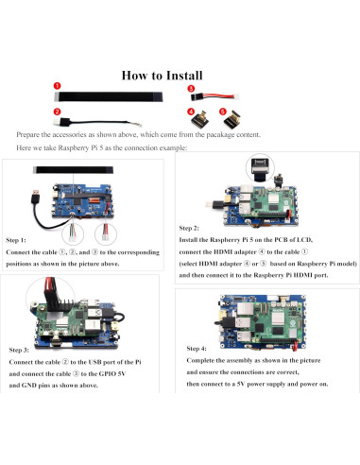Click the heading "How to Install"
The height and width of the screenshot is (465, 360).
(162, 76)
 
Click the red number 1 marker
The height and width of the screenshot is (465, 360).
(57, 86)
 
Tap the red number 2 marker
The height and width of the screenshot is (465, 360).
(57, 112)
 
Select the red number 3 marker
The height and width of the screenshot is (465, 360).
(191, 89)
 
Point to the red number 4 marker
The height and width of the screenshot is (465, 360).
(191, 112)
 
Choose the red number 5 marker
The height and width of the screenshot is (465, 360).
(223, 112)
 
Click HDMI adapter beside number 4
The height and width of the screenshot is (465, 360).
(200, 120)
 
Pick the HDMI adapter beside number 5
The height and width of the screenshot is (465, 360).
(233, 120)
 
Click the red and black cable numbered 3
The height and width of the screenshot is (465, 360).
(215, 96)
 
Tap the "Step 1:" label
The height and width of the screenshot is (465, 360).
(16, 240)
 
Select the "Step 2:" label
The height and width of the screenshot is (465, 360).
(189, 228)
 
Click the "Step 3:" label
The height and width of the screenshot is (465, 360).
(19, 350)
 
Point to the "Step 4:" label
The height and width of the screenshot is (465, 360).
(197, 349)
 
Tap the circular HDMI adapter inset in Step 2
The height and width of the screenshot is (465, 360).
(260, 168)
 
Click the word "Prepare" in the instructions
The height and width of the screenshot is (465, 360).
(28, 135)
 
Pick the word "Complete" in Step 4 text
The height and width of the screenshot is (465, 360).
(199, 360)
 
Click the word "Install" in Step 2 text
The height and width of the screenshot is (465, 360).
(189, 240)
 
